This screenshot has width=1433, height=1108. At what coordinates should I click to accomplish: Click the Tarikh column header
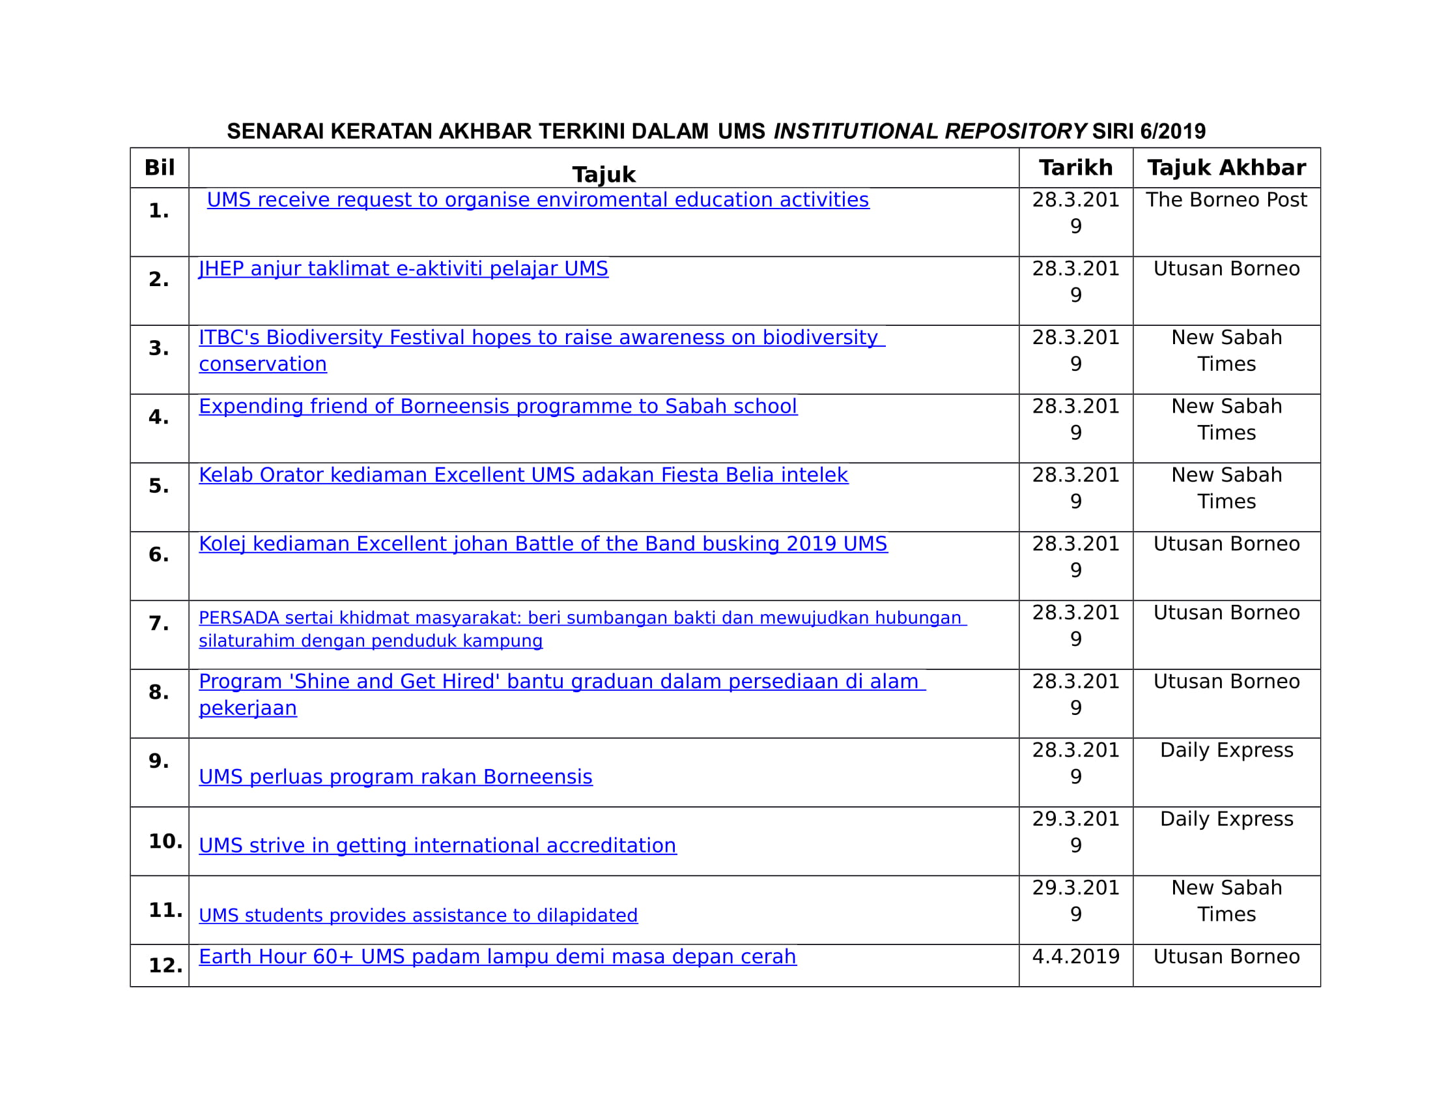(1075, 168)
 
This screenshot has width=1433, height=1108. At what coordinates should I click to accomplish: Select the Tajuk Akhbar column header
(1226, 168)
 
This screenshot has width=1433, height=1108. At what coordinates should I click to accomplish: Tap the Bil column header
(160, 168)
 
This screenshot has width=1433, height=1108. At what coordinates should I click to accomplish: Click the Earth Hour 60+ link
(498, 956)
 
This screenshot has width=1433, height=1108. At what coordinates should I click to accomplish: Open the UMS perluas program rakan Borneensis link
(395, 776)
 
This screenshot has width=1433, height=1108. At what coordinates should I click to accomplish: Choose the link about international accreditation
(437, 845)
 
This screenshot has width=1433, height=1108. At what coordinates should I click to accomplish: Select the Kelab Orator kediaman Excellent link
(523, 474)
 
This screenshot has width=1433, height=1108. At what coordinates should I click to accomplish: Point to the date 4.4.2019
(1075, 956)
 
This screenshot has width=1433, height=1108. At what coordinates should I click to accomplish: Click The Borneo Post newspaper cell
(1226, 199)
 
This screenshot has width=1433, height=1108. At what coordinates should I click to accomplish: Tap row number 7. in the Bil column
(159, 623)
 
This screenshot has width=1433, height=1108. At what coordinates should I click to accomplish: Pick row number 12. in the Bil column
(165, 965)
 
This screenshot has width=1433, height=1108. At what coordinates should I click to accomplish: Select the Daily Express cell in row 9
(1226, 750)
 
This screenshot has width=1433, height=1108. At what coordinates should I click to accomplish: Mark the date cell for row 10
(1075, 832)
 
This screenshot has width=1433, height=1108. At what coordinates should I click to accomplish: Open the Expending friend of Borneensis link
(498, 406)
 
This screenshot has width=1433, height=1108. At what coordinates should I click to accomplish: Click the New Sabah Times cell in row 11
(1226, 901)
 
